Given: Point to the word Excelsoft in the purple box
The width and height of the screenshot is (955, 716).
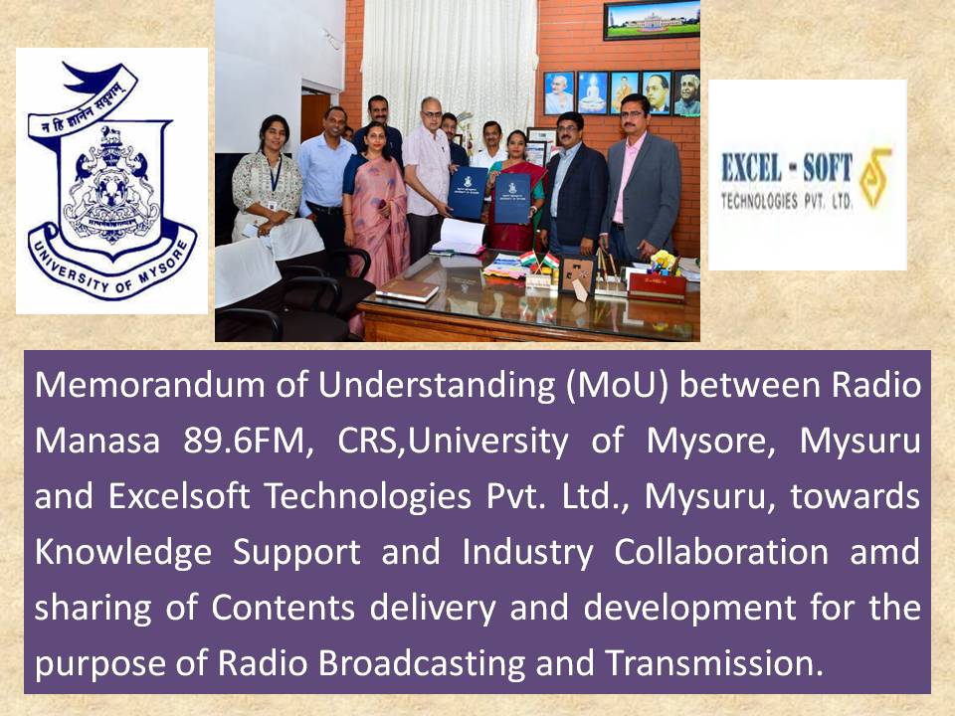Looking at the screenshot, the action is (179, 496).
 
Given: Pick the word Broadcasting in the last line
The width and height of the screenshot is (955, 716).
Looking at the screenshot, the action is (422, 663).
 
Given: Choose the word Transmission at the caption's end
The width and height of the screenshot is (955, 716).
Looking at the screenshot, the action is (714, 663).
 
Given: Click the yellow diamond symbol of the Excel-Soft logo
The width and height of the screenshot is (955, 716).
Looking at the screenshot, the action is (875, 178).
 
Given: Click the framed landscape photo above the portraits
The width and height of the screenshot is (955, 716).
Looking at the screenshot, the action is (652, 20).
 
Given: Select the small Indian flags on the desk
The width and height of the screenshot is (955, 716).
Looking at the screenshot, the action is (539, 260).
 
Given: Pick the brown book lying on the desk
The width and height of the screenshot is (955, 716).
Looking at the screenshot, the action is (406, 290).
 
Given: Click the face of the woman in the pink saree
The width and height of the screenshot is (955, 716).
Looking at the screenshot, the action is (375, 139).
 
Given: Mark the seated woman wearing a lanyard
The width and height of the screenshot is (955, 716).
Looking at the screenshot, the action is (268, 183).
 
